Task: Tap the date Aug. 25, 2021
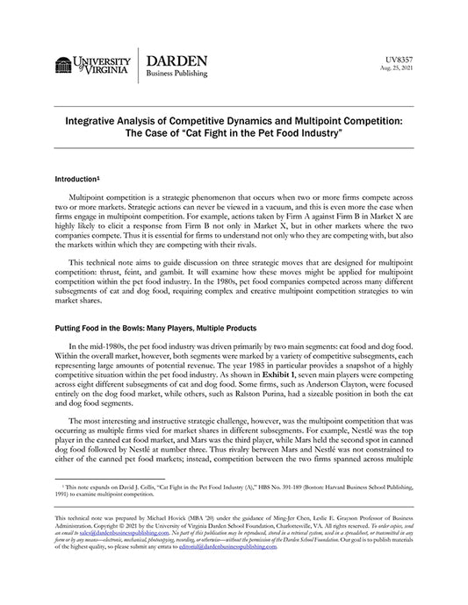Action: tap(396, 67)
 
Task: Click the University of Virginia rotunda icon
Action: tap(63, 66)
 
